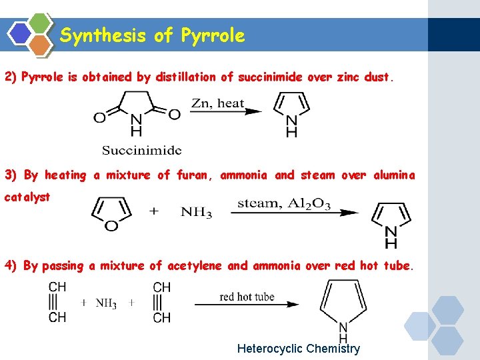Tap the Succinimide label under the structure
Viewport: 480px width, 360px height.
(141, 149)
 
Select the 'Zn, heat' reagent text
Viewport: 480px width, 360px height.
(217, 104)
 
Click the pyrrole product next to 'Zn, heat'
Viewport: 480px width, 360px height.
(291, 113)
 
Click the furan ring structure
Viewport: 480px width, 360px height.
(111, 213)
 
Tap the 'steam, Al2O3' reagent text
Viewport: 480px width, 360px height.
(283, 203)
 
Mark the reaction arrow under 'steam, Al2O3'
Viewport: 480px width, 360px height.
(294, 213)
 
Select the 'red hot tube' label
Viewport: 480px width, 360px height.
(247, 297)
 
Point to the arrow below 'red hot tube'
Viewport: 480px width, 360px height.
(247, 305)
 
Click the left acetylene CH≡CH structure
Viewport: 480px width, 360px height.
(57, 302)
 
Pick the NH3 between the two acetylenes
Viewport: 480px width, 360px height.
(105, 303)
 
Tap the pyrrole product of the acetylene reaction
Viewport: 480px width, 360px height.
(343, 307)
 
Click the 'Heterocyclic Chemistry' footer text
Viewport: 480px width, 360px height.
(298, 349)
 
